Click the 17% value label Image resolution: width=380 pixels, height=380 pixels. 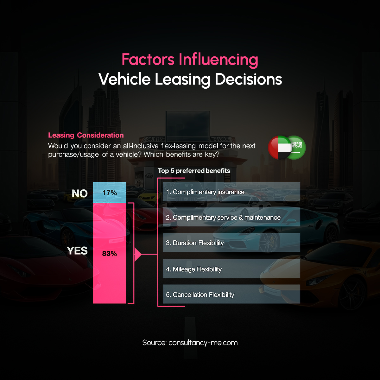point(110,193)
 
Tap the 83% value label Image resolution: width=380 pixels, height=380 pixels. point(110,254)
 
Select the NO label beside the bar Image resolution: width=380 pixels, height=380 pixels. point(80,193)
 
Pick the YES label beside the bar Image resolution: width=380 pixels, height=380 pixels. point(77,250)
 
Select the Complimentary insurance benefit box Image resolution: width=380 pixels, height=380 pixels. point(231,192)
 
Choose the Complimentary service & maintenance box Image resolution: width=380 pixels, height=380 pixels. point(231,217)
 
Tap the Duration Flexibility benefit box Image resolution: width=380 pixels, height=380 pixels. point(231,243)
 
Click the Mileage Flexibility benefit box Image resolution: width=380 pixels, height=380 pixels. point(231,269)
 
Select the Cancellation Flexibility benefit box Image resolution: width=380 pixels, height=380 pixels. point(231,294)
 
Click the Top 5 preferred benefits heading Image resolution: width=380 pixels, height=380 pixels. point(194,171)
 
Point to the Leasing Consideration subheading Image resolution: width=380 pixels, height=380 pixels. point(86,135)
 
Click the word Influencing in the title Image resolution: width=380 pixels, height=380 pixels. point(218,60)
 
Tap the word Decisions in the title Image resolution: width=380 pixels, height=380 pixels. point(248,79)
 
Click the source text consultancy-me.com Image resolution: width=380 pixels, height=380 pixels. point(203,343)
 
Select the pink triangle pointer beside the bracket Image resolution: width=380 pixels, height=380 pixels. point(138,255)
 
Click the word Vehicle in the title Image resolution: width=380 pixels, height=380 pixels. point(124,79)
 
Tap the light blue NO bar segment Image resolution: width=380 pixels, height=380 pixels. point(110,193)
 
